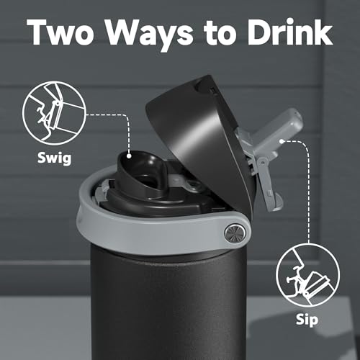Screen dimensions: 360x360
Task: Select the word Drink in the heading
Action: (288, 33)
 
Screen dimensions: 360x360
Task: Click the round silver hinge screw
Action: (233, 232)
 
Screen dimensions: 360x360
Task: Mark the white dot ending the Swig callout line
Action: (128, 153)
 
